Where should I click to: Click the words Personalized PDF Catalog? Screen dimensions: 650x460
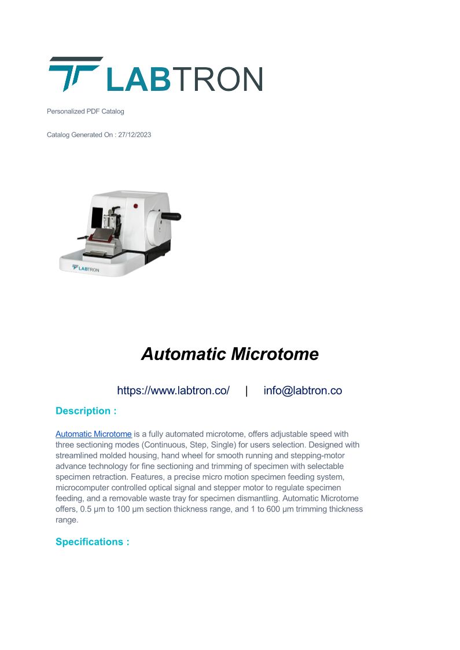click(x=85, y=111)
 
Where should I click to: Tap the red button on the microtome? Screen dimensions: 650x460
click(x=136, y=205)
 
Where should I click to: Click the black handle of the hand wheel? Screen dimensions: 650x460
click(x=171, y=217)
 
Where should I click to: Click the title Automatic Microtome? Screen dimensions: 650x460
click(x=230, y=354)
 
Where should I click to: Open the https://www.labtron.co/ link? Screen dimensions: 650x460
click(x=173, y=391)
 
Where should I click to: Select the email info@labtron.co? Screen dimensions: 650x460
click(x=303, y=391)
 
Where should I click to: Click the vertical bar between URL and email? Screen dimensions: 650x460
click(x=246, y=391)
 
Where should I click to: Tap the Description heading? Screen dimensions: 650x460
click(x=86, y=411)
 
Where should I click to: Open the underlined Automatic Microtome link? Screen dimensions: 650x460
click(x=94, y=434)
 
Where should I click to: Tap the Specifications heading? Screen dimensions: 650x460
click(x=92, y=542)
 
